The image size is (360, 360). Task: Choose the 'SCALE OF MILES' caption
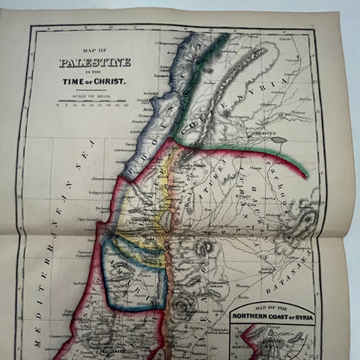[x=92, y=94]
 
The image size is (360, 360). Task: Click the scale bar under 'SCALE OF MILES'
[x=92, y=103]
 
